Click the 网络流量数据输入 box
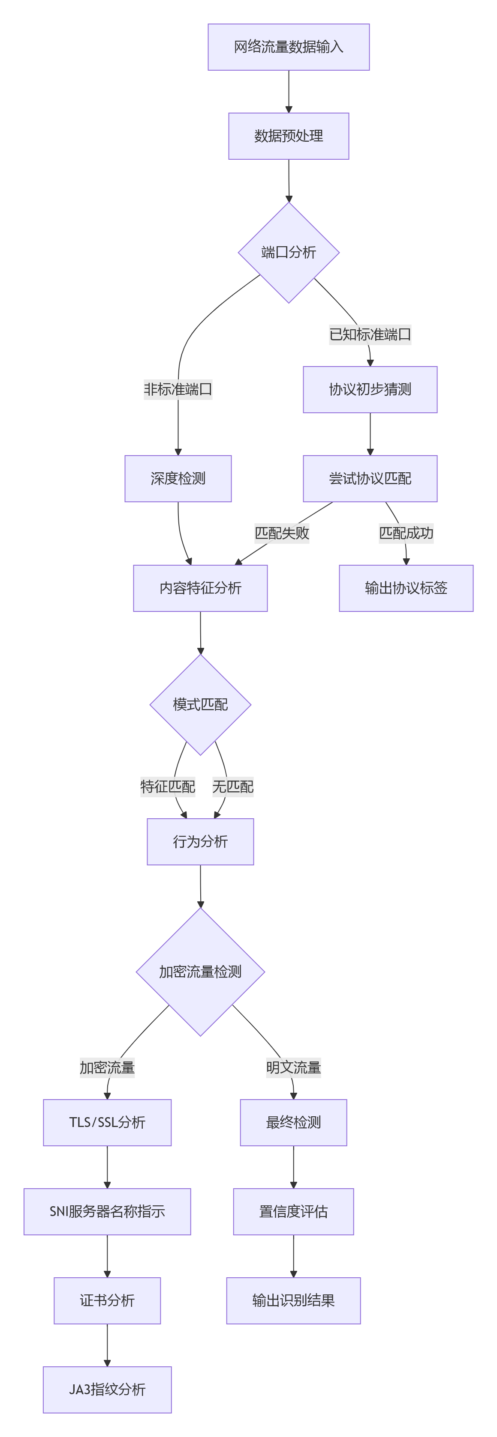click(x=288, y=47)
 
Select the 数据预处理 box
click(x=288, y=136)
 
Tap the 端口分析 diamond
click(x=288, y=252)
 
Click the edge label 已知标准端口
click(x=370, y=335)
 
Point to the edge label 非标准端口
click(x=178, y=389)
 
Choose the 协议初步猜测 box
click(x=370, y=389)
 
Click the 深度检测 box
click(x=178, y=479)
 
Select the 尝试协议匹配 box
click(x=370, y=479)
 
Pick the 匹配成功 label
click(x=406, y=533)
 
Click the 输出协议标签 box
click(x=406, y=588)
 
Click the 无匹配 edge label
click(x=232, y=787)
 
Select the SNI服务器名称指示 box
click(x=107, y=1212)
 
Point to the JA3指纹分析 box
click(x=107, y=1389)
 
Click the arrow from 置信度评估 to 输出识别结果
click(x=293, y=1256)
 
